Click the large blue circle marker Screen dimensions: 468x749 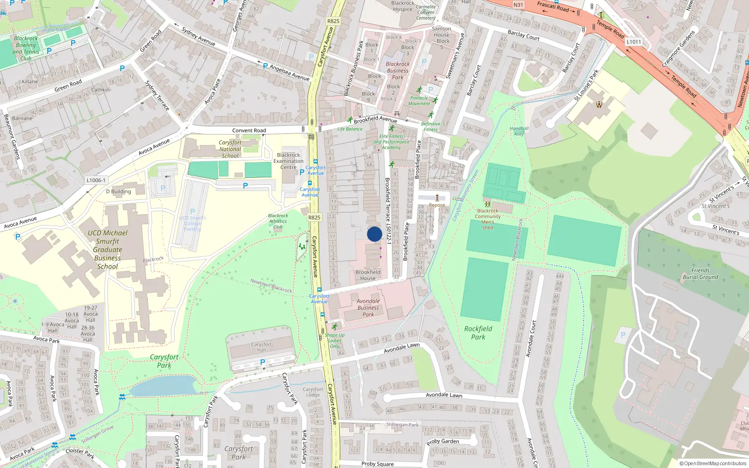[374, 234]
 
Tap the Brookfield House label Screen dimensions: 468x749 [368, 275]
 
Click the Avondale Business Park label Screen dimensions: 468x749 [368, 307]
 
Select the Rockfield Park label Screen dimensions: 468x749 [478, 333]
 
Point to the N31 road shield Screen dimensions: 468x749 [518, 5]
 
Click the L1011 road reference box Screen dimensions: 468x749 [633, 42]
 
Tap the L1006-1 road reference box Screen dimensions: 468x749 [96, 180]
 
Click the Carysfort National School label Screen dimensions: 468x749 [230, 149]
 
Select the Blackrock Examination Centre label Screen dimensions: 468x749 [288, 161]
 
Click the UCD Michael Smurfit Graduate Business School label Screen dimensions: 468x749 [108, 249]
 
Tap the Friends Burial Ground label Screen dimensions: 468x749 [700, 274]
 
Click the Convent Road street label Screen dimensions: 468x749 [249, 131]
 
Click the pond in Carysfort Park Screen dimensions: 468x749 [164, 386]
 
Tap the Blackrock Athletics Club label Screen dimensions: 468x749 [278, 221]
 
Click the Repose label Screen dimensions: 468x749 [437, 205]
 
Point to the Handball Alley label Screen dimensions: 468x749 [519, 131]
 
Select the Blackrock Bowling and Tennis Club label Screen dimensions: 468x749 [26, 48]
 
